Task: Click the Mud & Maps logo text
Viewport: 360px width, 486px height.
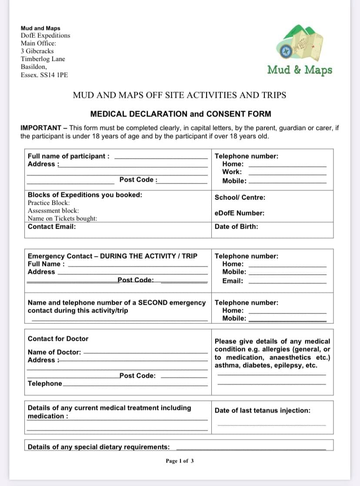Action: (x=300, y=70)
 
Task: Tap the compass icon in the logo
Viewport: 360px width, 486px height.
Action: (x=285, y=51)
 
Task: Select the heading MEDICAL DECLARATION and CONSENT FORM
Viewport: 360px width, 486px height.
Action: (x=180, y=114)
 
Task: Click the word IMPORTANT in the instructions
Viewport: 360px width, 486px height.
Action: (x=40, y=128)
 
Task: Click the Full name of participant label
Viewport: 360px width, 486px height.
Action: (x=68, y=156)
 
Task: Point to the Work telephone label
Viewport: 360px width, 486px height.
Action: (x=232, y=172)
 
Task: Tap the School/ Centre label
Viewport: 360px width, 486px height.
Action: (x=240, y=197)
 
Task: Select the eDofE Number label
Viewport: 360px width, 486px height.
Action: (x=239, y=213)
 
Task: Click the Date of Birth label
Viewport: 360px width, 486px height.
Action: (x=236, y=226)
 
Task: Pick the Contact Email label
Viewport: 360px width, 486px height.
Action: (x=51, y=226)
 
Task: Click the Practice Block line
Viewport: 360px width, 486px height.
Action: (x=49, y=203)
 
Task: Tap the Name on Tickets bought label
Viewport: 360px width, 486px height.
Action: (x=62, y=219)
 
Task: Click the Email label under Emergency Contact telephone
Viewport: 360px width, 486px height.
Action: (x=233, y=281)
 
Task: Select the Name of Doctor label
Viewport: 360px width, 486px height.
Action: (x=54, y=352)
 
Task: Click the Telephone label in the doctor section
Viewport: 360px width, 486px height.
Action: (x=45, y=383)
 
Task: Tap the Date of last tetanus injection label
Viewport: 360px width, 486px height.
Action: (x=262, y=410)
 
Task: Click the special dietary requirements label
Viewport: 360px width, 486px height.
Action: (x=99, y=447)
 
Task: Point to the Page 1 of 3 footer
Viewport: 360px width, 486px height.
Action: (x=180, y=461)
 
